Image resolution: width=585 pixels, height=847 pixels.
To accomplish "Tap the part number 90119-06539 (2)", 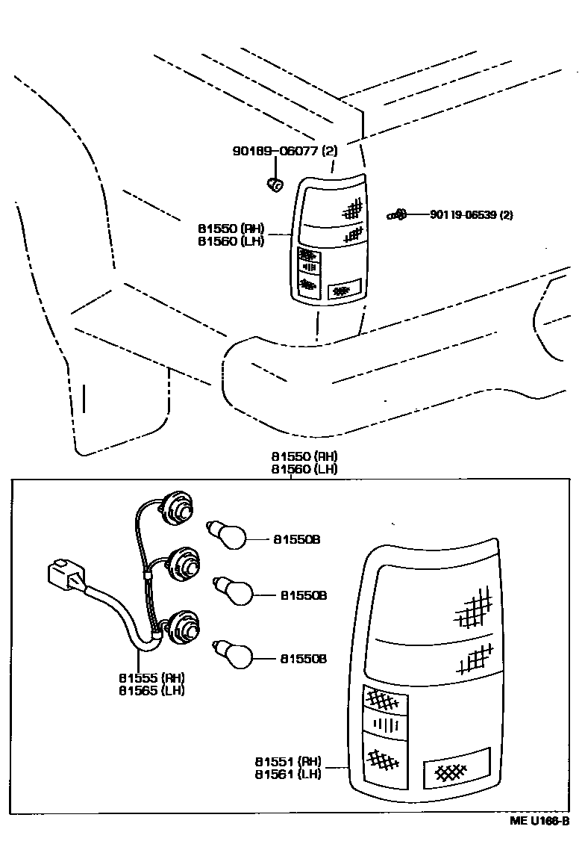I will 471,215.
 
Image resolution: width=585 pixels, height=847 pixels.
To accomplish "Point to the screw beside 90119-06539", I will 396,215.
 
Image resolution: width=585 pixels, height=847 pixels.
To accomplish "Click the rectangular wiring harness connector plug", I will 65,575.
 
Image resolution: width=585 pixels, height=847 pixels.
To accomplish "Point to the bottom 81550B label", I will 304,659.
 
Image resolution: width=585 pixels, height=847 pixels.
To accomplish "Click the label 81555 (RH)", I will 151,677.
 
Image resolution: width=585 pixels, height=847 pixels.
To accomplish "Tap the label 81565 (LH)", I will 151,690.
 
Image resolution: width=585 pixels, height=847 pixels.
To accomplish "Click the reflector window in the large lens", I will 455,769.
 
